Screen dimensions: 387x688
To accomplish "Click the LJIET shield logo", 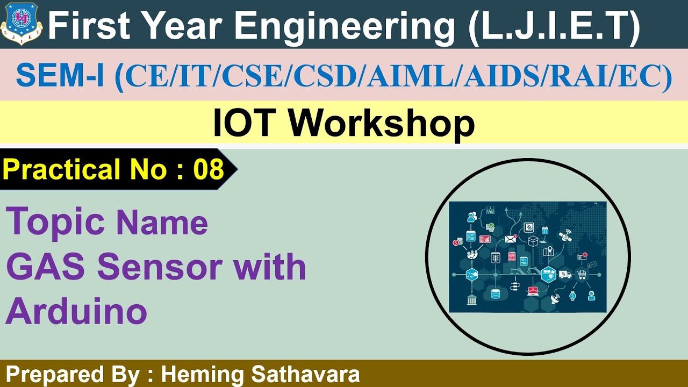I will [x=21, y=24].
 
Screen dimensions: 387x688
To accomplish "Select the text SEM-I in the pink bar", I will [x=60, y=75].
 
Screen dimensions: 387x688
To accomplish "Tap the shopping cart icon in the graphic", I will [x=581, y=275].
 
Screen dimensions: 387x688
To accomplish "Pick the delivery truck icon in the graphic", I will [x=565, y=275].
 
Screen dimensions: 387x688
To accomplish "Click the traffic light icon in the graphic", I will [x=496, y=257].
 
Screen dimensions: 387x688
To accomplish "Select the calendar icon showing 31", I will [x=544, y=230].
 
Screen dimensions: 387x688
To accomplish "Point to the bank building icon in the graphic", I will [x=472, y=299].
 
